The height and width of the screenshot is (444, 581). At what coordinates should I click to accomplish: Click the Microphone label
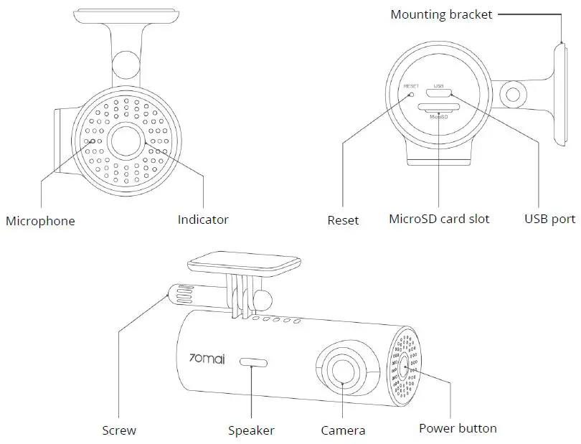click(x=40, y=221)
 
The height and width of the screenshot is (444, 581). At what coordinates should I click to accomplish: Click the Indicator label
click(x=203, y=219)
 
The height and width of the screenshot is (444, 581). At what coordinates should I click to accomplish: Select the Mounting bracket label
click(x=441, y=14)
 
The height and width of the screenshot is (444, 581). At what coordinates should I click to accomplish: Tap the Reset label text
click(x=343, y=220)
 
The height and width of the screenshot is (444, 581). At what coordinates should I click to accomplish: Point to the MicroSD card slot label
click(x=438, y=219)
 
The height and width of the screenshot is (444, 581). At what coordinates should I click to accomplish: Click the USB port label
click(x=549, y=219)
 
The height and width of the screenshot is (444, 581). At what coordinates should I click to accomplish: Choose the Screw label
click(x=119, y=430)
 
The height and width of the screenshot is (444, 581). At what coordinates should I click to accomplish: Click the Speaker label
click(x=251, y=430)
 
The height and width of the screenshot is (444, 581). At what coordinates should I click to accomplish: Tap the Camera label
click(x=343, y=430)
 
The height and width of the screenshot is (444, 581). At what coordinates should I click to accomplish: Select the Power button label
click(x=458, y=428)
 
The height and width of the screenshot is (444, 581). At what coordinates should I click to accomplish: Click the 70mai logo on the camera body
click(x=208, y=357)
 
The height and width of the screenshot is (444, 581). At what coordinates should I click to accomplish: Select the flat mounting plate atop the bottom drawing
click(x=244, y=264)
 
